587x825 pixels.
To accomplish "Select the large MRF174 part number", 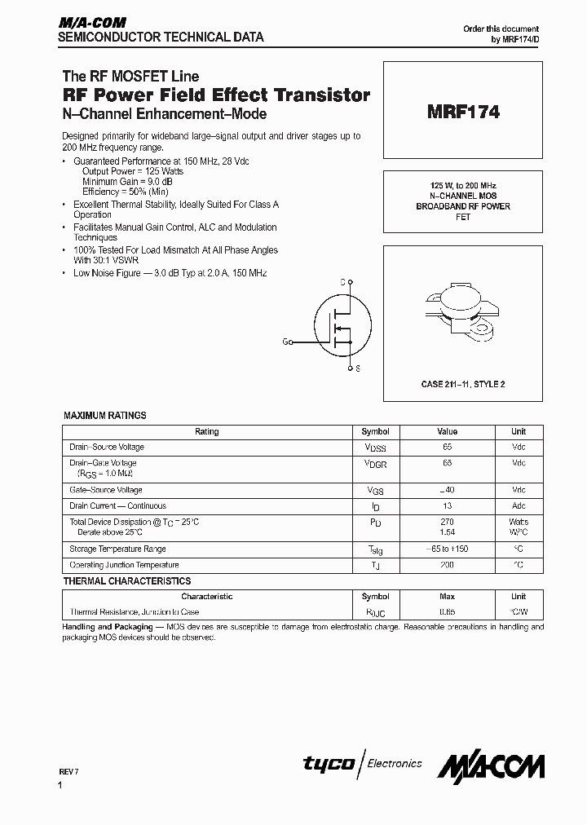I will click(462, 113).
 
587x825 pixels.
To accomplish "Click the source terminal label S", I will click(357, 368).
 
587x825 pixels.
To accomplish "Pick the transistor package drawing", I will click(462, 312).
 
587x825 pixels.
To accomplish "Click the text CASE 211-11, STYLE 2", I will click(462, 384).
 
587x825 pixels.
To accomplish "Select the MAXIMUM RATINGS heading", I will click(105, 416).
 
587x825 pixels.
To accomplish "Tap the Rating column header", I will click(207, 432).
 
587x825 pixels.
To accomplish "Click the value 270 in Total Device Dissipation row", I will click(447, 522).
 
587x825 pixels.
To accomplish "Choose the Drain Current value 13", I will click(447, 505).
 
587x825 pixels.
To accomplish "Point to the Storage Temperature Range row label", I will click(117, 549).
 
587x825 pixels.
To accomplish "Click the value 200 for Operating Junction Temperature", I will click(447, 565).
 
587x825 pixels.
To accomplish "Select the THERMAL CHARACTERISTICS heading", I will click(127, 581).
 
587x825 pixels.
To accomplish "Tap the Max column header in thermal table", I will click(447, 597).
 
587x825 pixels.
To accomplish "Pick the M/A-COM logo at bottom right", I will click(491, 765).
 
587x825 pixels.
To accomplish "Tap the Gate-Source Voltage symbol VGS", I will click(375, 491).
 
